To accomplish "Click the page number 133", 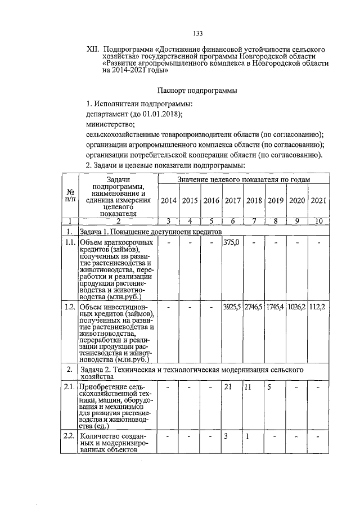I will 197,33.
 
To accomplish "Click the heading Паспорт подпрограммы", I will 197,90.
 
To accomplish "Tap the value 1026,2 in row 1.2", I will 296,308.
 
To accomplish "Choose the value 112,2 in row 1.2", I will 318,308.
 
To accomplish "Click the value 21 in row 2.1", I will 228,388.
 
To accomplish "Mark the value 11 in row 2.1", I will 247,388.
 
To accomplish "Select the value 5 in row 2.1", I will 269,388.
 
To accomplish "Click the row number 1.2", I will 69,308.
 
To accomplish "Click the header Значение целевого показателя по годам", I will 244,179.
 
